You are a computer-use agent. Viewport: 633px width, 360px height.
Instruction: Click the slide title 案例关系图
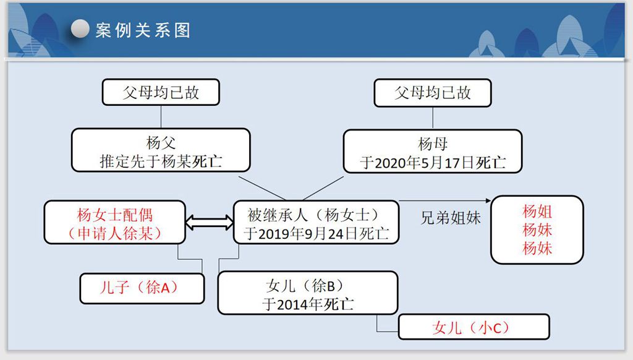[143, 30]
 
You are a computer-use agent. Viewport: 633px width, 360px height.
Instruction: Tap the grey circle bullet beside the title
[80, 28]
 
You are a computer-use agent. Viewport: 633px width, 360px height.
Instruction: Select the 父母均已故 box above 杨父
[161, 92]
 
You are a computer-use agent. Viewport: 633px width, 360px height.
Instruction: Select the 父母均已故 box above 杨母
[433, 93]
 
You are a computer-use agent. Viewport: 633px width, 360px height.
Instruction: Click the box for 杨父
[161, 150]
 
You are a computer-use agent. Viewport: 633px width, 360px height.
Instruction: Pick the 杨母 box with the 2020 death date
[433, 152]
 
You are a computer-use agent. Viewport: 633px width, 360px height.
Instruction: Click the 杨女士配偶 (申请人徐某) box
[114, 223]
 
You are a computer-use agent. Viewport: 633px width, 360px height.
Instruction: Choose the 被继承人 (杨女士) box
[316, 223]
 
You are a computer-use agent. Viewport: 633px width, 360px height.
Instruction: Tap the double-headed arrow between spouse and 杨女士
[210, 223]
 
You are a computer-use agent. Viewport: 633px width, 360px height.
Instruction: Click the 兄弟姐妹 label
[451, 218]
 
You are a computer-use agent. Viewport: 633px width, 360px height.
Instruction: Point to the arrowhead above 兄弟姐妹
[488, 200]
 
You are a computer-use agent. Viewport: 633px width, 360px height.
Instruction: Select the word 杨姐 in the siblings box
[537, 212]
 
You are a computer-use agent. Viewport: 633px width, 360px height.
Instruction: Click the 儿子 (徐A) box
[142, 288]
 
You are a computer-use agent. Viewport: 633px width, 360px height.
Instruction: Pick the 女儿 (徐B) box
[308, 293]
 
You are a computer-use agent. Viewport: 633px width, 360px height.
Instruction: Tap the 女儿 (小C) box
[474, 327]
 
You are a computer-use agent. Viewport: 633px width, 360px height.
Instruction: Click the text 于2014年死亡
[308, 304]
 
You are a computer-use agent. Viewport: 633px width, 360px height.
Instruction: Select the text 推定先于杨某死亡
[161, 161]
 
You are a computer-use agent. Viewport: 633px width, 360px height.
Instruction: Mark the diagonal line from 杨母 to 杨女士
[323, 188]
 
